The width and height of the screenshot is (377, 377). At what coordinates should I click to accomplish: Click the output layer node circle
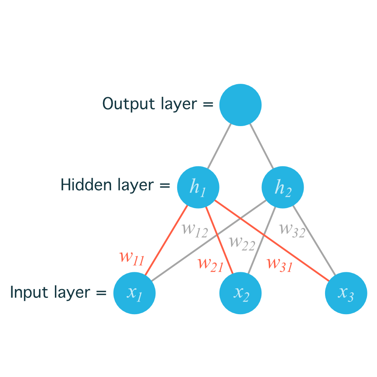tap(240, 105)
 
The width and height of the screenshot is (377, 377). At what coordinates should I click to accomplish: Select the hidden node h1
tap(198, 187)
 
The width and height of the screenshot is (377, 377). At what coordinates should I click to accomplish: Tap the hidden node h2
tap(283, 187)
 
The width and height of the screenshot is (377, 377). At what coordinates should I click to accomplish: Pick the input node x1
tap(134, 293)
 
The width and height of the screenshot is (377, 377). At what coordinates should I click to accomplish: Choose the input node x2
tap(240, 293)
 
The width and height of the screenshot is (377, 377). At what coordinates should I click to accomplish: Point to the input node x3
tap(346, 293)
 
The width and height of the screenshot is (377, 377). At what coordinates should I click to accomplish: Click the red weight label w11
tap(132, 257)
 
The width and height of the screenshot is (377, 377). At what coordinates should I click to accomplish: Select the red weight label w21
tap(210, 263)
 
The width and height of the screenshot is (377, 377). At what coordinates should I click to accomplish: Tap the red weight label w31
tap(279, 263)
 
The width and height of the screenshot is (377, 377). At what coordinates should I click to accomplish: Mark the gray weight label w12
tap(195, 230)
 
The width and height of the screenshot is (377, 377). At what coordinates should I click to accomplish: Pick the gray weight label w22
tap(242, 243)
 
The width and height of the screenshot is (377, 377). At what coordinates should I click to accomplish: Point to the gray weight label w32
tap(292, 229)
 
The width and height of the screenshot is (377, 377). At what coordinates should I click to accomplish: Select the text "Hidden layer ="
tap(115, 185)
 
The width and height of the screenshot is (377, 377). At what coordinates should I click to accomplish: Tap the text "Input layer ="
tap(58, 292)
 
